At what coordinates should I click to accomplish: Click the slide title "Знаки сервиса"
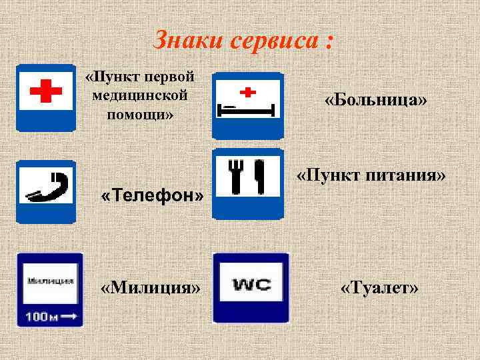[x=243, y=41]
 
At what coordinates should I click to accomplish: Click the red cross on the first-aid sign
[x=45, y=91]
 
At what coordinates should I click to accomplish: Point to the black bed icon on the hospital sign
[x=246, y=106]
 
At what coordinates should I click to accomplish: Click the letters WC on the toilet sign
[x=251, y=285]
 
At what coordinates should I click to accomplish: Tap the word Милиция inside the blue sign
[x=50, y=280]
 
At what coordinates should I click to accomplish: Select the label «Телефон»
[x=151, y=196]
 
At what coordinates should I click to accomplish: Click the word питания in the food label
[x=406, y=177]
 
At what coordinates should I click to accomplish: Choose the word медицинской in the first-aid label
[x=140, y=95]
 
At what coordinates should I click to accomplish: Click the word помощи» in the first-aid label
[x=140, y=114]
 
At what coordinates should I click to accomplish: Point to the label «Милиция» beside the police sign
[x=150, y=288]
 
